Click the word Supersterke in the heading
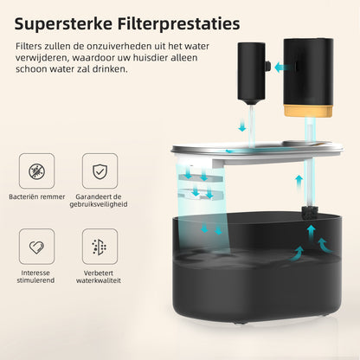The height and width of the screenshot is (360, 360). pos(63,24)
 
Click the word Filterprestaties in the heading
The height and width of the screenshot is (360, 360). pos(178,24)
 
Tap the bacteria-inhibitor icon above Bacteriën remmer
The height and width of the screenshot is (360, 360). pos(36,171)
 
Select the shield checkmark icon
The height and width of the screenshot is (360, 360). pos(100,171)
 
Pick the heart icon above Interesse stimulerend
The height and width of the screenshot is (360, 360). pos(36,247)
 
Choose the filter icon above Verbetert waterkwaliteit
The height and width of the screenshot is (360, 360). pos(100,247)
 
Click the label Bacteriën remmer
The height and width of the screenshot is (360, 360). pos(37,197)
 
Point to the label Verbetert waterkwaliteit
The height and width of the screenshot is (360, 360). pos(99,277)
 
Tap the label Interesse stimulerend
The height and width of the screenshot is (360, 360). pos(35,277)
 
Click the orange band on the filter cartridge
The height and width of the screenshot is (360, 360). pos(308,111)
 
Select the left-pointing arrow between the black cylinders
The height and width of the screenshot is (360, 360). pos(281,68)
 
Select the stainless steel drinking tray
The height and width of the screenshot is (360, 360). pos(257,150)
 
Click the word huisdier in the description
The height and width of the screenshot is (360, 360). pos(151,57)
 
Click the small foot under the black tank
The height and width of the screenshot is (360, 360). pos(240,322)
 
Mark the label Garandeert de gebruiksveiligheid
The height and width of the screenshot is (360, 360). pos(99,201)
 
